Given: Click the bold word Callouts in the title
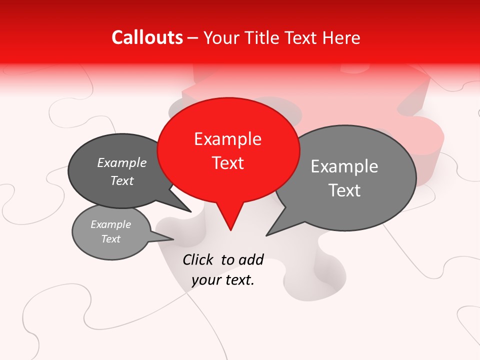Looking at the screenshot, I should pos(147,37).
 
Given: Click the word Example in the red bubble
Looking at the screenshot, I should pos(227,139).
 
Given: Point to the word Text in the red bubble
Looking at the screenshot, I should pos(228,163).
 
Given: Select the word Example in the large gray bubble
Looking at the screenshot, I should pos(344,166).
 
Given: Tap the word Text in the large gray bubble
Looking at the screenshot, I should pos(344,190).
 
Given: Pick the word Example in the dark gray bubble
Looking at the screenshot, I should pos(122,163).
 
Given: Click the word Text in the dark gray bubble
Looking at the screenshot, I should pos(122,181).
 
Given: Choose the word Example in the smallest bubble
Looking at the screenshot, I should pos(110,225).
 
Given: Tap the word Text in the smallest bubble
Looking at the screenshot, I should pos(110,239).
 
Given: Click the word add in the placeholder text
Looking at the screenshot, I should pos(251,259).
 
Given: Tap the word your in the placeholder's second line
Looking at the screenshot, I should pos(206,280).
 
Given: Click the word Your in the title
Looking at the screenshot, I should pos(222,38).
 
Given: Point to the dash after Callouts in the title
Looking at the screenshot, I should pos(192,38).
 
